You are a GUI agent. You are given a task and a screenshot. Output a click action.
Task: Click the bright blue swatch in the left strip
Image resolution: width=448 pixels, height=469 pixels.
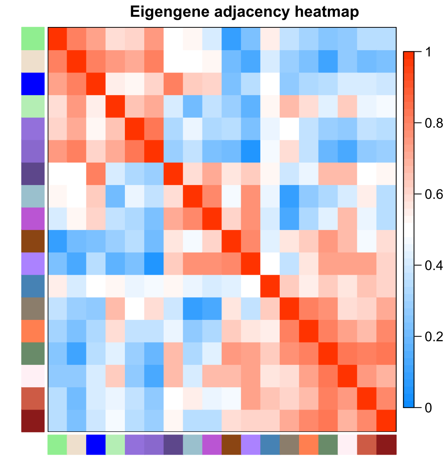tap(33, 83)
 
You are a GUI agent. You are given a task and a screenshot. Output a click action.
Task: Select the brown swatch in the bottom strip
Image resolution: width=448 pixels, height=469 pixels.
tap(232, 445)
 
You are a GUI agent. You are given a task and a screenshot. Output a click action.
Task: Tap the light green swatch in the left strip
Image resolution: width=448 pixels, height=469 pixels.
tap(33, 39)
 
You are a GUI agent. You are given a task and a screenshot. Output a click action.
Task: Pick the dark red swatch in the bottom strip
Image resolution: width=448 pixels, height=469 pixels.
tap(386, 445)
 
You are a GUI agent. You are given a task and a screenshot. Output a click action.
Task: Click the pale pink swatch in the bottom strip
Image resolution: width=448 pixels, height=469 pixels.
tap(348, 445)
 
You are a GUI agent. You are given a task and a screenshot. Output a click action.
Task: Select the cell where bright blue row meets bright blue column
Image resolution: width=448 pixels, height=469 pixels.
tap(96, 83)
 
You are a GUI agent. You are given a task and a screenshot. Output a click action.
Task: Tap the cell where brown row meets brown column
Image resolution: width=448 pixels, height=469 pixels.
tap(232, 241)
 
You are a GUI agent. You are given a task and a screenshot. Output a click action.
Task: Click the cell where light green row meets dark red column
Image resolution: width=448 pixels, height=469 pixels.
tap(386, 39)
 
